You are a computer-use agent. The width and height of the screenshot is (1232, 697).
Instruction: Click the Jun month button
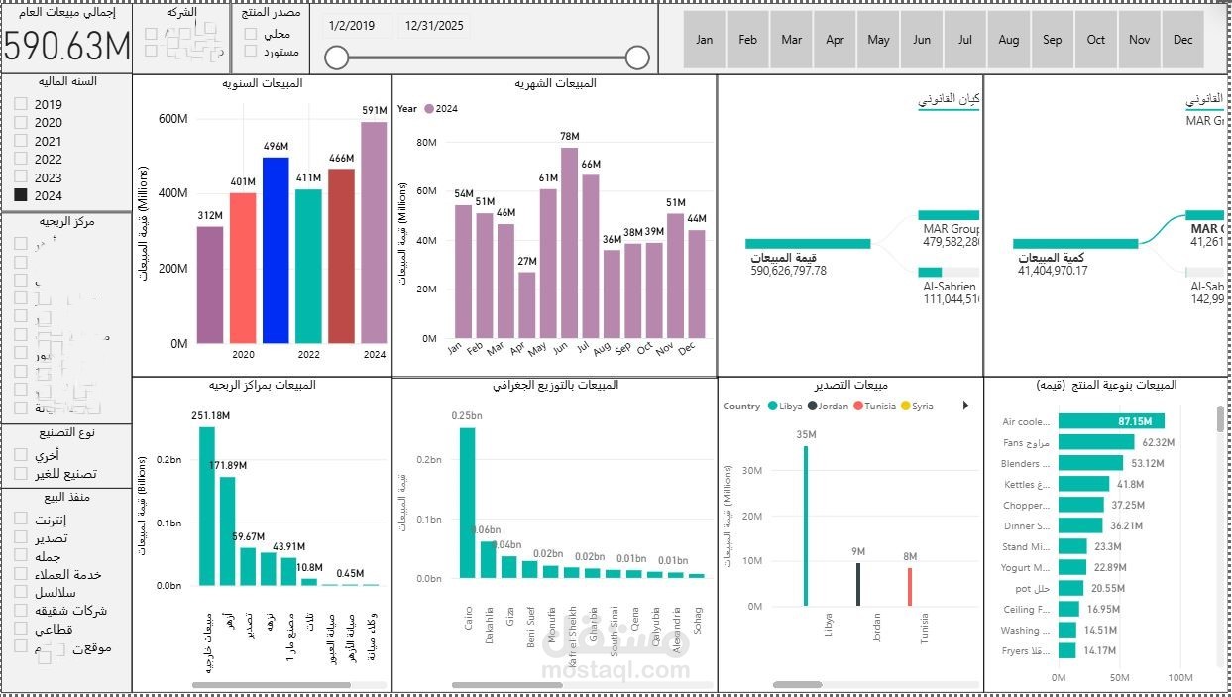(922, 40)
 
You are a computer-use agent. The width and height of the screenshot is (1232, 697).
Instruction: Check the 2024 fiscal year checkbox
(21, 195)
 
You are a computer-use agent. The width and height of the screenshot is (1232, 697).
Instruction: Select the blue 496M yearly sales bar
(276, 250)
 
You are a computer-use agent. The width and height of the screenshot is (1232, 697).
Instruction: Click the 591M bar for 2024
(374, 233)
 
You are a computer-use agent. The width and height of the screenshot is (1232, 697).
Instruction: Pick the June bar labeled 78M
(569, 243)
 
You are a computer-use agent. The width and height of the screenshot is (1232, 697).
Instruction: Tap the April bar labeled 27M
(526, 304)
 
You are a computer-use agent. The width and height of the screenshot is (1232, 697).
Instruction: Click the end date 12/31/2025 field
(434, 26)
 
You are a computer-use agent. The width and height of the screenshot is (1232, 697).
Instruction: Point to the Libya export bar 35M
(805, 525)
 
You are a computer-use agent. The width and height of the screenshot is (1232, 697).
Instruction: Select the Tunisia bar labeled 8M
(909, 586)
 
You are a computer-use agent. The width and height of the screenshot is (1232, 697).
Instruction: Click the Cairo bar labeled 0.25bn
(467, 502)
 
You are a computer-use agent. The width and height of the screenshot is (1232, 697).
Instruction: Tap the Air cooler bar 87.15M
(1111, 421)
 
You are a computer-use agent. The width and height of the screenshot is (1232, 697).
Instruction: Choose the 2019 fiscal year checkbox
(21, 104)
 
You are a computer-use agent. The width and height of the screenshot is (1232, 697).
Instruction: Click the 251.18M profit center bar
(207, 506)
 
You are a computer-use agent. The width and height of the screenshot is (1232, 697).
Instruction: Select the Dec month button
(1182, 40)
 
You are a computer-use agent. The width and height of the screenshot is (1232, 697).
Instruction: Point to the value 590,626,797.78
(788, 270)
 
